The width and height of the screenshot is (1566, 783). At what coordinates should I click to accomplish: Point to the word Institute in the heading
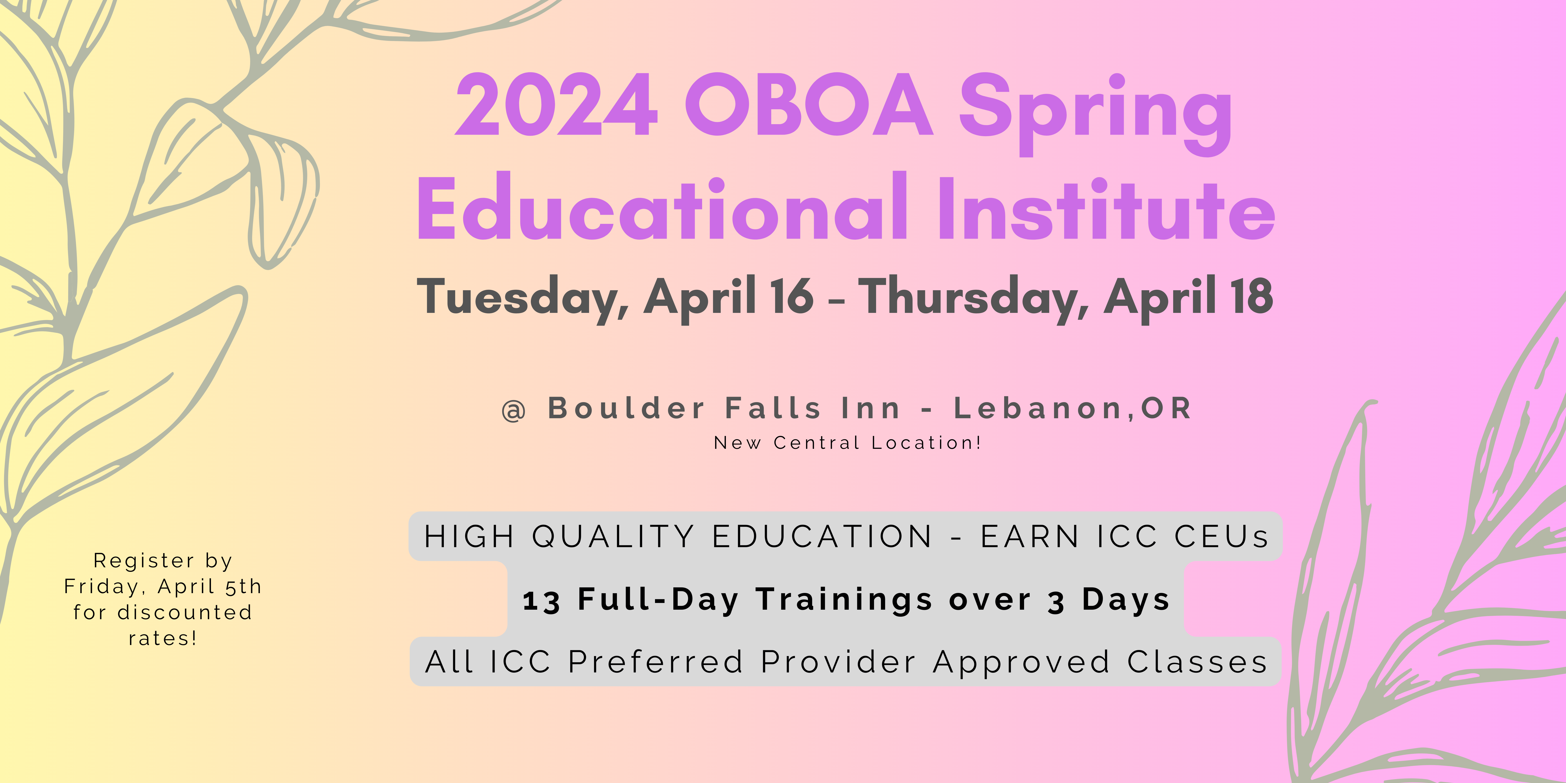point(1106,207)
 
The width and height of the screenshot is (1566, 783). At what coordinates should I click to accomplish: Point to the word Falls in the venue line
point(773,408)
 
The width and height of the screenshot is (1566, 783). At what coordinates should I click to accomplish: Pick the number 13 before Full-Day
point(541,601)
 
